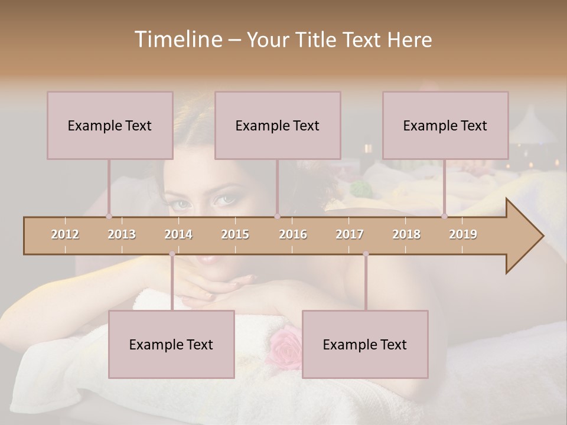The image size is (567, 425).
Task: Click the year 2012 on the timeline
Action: (x=65, y=234)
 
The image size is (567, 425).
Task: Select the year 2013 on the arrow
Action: (x=122, y=234)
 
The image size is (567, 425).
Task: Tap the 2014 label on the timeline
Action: (x=178, y=234)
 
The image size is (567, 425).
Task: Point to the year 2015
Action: (x=235, y=234)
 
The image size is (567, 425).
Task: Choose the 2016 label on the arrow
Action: (x=293, y=234)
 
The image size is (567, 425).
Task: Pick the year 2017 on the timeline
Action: (x=350, y=234)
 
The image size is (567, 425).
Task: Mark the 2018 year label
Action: (x=406, y=234)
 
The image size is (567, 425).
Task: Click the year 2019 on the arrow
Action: (x=463, y=234)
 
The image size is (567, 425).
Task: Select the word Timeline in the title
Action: (x=177, y=40)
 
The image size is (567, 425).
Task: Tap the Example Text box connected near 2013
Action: (x=110, y=125)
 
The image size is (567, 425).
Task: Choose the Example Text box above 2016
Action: (x=278, y=125)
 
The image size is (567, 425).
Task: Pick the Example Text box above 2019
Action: (x=445, y=125)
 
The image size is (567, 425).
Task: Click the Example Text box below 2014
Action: (x=171, y=344)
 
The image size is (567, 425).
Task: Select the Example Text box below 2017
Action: (x=365, y=344)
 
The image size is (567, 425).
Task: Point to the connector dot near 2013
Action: (x=109, y=216)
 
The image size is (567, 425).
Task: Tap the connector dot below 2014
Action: (x=172, y=254)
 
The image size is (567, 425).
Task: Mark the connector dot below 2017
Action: (x=366, y=254)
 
